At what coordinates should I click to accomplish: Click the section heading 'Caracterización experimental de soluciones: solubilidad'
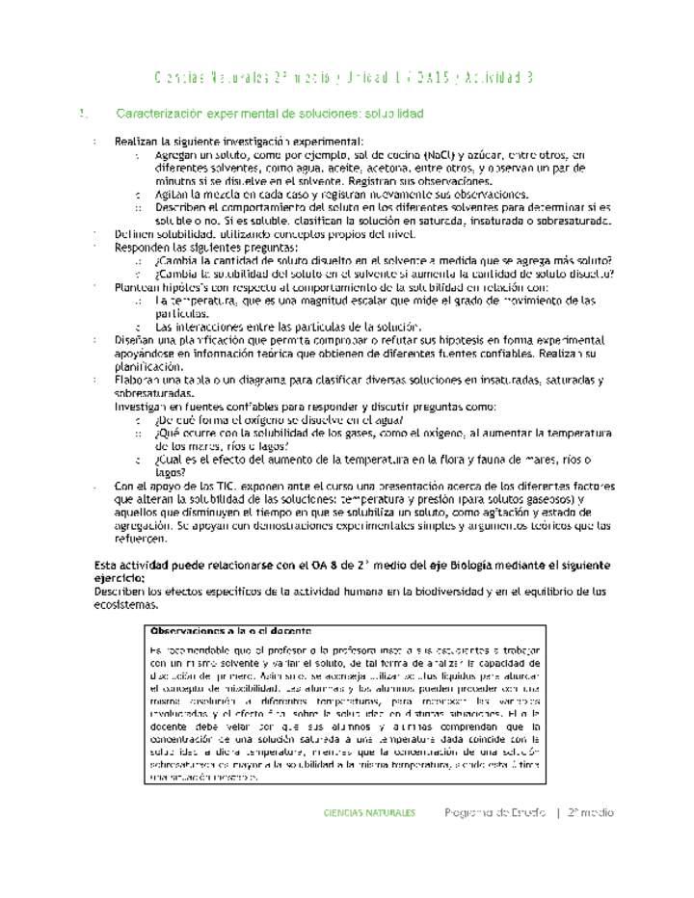coord(269,114)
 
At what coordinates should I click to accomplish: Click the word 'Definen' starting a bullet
coord(134,234)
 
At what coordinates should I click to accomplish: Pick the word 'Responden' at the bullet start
coord(142,248)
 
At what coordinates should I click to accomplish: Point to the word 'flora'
coord(467,460)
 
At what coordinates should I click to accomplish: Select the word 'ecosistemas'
coord(126,605)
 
